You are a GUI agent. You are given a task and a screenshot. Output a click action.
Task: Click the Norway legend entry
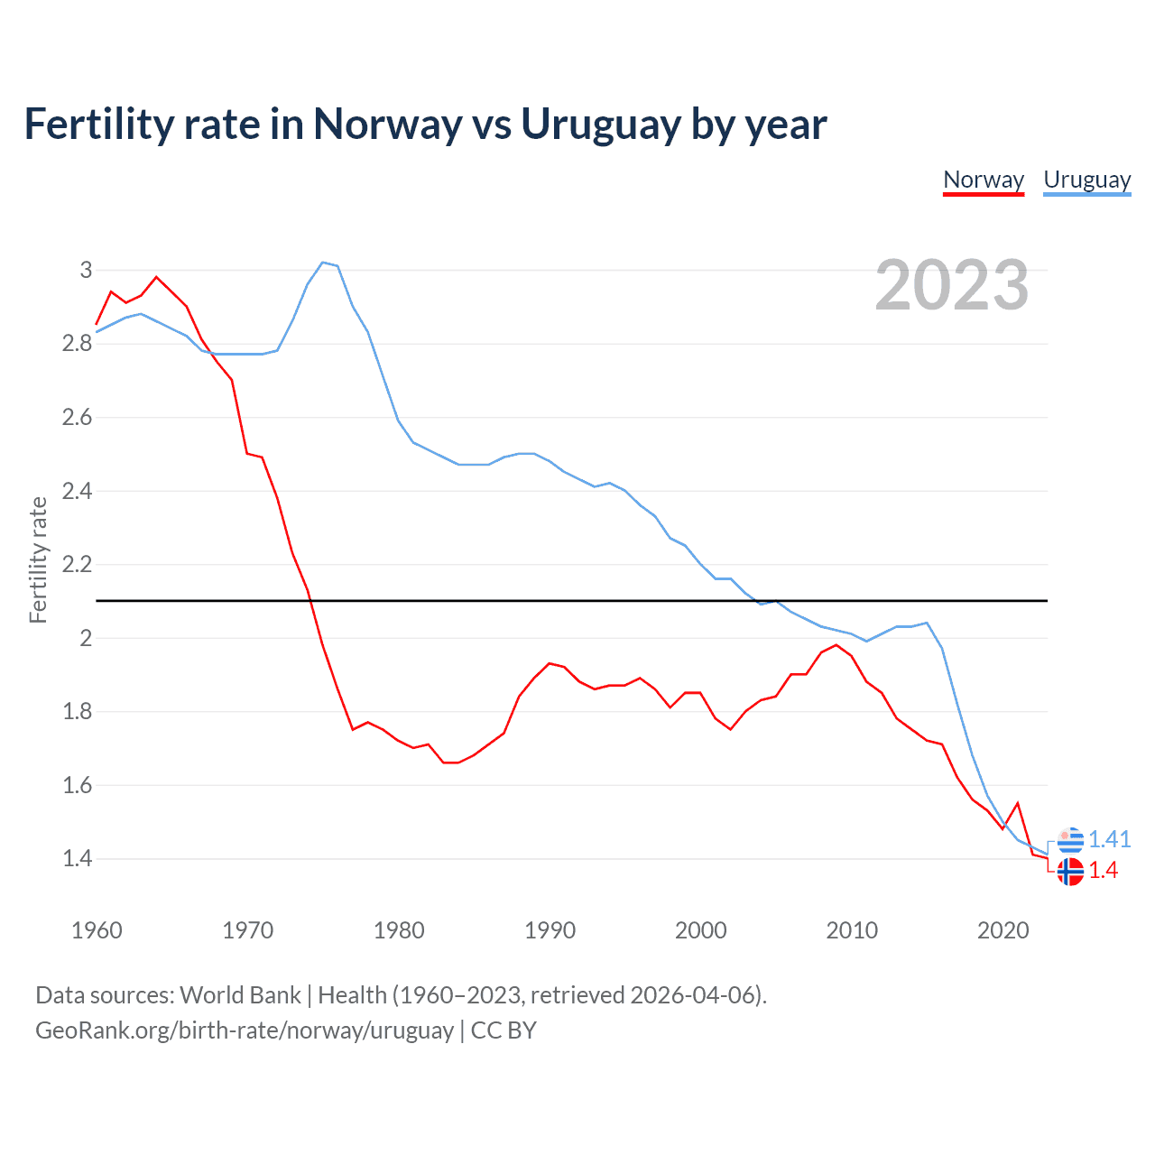(x=983, y=180)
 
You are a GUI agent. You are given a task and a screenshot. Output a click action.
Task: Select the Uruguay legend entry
(x=1086, y=180)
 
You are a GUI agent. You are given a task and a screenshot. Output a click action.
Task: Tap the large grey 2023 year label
(x=952, y=285)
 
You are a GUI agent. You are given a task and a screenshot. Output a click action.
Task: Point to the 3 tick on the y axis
(x=86, y=270)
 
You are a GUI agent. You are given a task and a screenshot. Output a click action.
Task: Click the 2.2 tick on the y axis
(x=77, y=565)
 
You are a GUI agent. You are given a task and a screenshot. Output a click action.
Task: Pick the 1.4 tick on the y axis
(x=77, y=858)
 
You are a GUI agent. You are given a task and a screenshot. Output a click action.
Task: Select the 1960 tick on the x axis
(x=97, y=930)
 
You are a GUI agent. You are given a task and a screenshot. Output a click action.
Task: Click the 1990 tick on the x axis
(x=550, y=930)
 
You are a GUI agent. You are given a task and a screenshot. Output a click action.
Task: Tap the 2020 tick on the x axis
(x=1003, y=930)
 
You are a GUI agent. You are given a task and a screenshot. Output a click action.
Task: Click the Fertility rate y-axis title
(x=38, y=559)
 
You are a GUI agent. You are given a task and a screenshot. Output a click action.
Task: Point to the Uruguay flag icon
(x=1070, y=840)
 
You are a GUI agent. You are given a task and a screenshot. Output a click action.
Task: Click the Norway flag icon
(x=1070, y=872)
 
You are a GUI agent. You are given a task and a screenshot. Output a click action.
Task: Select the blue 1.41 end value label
(x=1109, y=839)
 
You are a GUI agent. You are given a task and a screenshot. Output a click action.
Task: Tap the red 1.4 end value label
(x=1103, y=870)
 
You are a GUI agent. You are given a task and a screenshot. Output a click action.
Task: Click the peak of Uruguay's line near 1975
(x=323, y=263)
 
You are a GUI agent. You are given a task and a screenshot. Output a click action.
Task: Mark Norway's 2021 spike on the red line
(x=1018, y=803)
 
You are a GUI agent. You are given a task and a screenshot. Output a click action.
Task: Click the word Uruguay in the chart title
(x=599, y=125)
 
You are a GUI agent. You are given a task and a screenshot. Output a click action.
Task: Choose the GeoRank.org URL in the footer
(x=245, y=1030)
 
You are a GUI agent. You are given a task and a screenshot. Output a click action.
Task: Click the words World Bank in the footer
(x=240, y=995)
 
